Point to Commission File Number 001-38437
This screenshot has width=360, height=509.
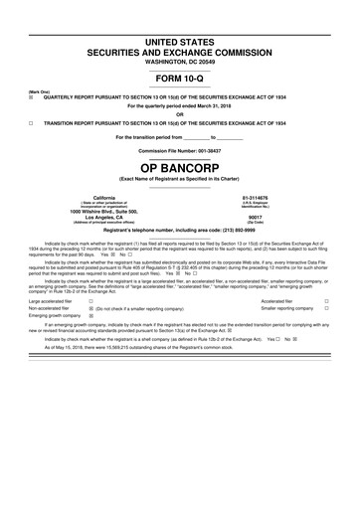click(180, 150)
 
